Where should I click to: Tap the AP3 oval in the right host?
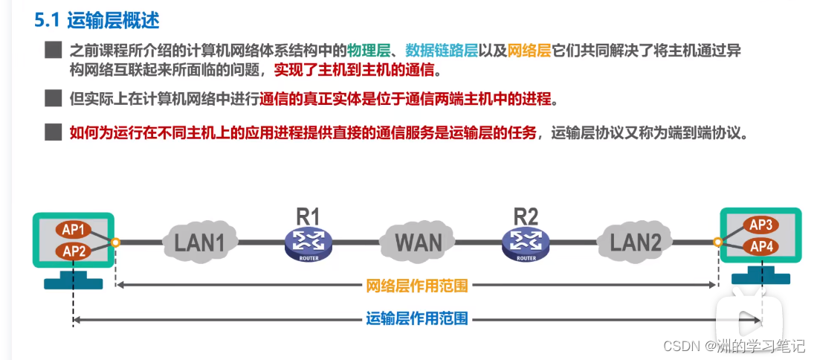[x=762, y=225]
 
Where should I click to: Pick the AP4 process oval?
[x=762, y=247]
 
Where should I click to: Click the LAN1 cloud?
[x=199, y=241]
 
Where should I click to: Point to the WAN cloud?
[x=419, y=241]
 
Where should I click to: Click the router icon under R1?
[x=308, y=243]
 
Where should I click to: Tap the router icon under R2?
[x=526, y=243]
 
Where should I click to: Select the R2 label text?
[x=526, y=216]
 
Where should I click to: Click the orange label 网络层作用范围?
[x=417, y=286]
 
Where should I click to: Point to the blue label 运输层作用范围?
[x=417, y=319]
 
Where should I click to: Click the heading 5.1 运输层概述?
[x=97, y=20]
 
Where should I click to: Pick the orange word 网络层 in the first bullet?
[x=529, y=51]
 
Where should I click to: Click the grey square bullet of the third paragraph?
[x=52, y=132]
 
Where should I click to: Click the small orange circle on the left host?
[x=115, y=242]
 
